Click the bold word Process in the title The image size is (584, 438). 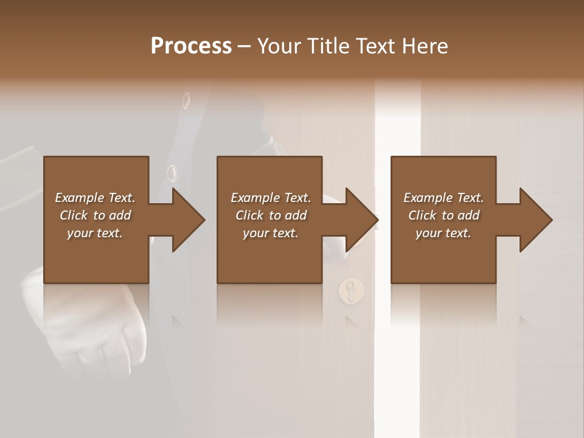point(191,46)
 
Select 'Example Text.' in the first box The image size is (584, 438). point(95,198)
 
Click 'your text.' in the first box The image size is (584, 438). point(95,233)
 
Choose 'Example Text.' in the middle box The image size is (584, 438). point(271,198)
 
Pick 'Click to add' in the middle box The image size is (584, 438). point(271,215)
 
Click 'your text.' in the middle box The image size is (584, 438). point(271,233)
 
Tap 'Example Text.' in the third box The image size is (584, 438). point(443,198)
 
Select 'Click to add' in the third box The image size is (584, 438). point(443,215)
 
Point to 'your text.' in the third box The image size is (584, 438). point(443,233)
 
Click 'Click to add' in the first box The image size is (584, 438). point(95,215)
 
